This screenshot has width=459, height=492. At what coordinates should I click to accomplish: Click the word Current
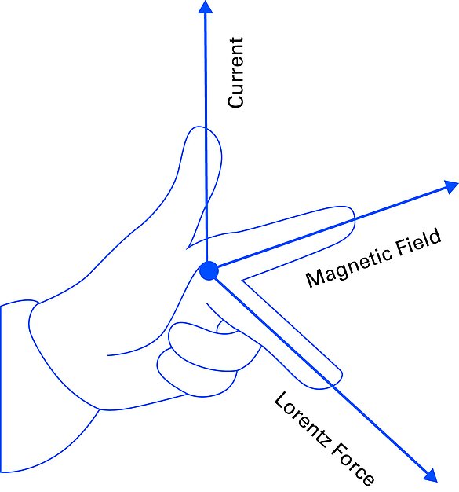(x=235, y=73)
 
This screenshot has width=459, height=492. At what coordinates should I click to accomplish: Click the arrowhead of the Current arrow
(x=206, y=7)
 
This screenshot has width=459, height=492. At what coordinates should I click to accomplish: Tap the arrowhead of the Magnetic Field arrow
(x=451, y=187)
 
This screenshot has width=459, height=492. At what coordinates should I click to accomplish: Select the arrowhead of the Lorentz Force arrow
(x=431, y=475)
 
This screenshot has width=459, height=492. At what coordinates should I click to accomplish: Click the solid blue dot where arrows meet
(x=209, y=270)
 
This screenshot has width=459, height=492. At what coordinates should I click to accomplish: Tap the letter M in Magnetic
(x=316, y=277)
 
